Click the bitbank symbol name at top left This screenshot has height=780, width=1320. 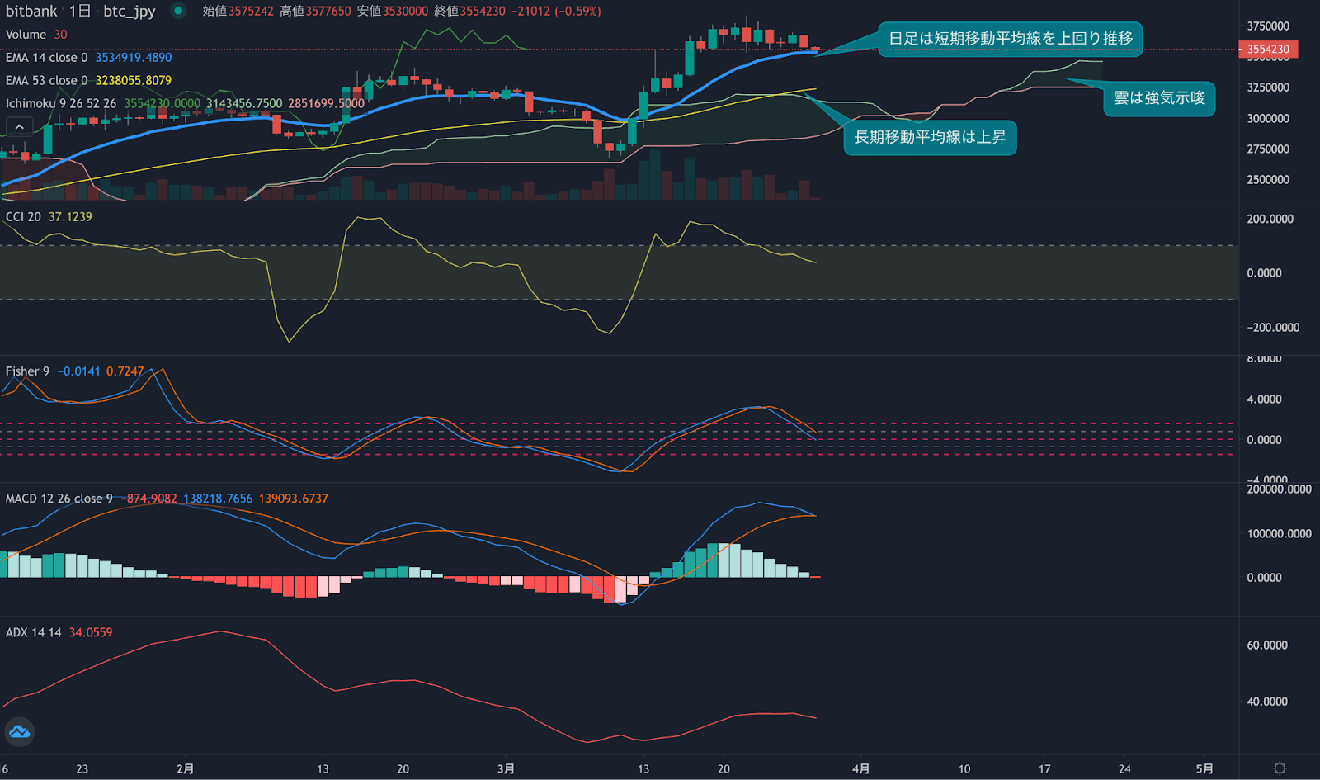coord(31,11)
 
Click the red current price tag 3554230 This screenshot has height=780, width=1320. coord(1268,50)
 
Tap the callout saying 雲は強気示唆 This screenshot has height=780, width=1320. coord(1159,98)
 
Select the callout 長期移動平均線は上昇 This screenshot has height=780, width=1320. coord(930,137)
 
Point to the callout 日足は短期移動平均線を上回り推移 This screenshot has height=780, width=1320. coord(1010,39)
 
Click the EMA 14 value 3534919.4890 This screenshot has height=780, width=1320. coord(133,58)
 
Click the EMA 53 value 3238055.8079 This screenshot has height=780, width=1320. coord(133,81)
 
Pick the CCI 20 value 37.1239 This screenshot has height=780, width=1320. coord(70,217)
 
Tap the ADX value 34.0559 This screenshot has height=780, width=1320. coord(91,633)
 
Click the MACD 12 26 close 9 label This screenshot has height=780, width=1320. coord(59,499)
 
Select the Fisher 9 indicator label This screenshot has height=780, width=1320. coord(27,371)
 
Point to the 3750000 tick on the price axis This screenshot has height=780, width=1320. coord(1268,26)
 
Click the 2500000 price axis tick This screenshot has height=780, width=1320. coord(1268,180)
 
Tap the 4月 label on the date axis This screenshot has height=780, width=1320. coord(860,768)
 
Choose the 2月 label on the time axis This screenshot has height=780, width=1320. coord(185,768)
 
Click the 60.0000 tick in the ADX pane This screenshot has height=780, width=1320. coord(1267,645)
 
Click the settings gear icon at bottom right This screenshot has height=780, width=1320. coord(1280,768)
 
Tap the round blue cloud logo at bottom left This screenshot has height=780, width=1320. coord(19,732)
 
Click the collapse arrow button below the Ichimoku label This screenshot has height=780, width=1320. coord(20,126)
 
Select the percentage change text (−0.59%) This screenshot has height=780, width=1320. coord(577,12)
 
